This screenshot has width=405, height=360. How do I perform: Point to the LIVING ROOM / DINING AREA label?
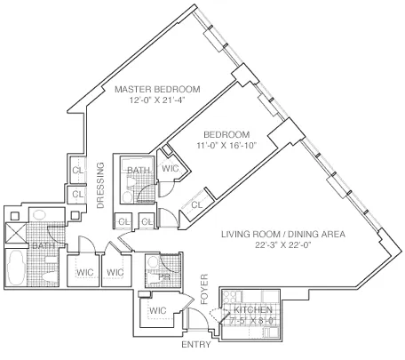tap(282, 236)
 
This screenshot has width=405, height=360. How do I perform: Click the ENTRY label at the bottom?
tap(196, 344)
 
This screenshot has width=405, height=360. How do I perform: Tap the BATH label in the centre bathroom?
tap(138, 170)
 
